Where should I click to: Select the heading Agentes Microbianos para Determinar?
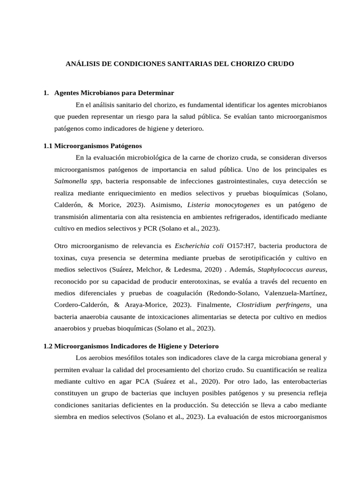click(x=114, y=93)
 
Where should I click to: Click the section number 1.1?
click(x=47, y=146)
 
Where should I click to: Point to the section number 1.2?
click(x=47, y=346)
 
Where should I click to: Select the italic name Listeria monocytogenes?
click(x=223, y=205)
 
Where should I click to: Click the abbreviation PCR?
click(x=150, y=228)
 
